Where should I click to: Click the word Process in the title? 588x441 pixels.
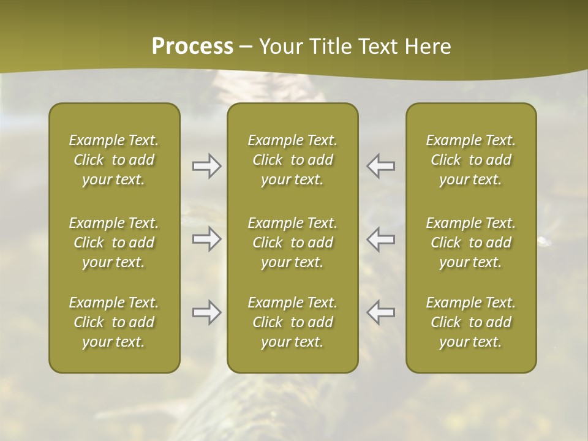(192, 47)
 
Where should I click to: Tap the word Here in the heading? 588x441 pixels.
(428, 47)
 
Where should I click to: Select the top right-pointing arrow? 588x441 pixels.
(207, 166)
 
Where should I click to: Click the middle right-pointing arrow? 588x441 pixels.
(207, 239)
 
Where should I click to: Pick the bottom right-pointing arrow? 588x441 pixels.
(207, 312)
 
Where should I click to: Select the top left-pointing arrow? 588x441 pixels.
(381, 166)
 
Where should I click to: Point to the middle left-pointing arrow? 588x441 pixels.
(381, 239)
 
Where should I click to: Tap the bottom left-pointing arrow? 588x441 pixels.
(381, 312)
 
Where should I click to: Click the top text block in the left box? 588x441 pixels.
(114, 160)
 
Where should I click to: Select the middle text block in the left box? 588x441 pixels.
(114, 243)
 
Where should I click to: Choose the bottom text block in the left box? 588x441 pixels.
(114, 322)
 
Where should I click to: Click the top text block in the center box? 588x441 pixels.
(293, 160)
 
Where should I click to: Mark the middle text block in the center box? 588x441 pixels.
(293, 243)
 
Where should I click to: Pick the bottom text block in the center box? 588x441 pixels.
(293, 322)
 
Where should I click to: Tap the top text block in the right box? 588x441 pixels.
(471, 160)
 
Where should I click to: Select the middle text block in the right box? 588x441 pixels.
(471, 243)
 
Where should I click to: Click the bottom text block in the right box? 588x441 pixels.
(471, 322)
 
